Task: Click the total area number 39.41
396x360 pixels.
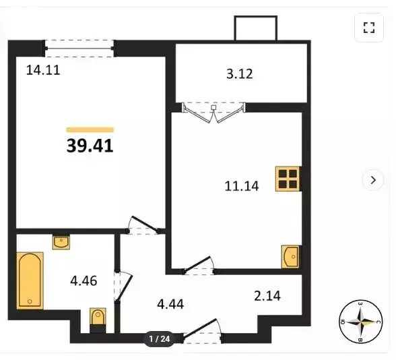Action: point(90,146)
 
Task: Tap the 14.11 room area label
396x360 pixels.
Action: point(43,69)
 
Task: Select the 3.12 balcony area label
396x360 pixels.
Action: point(240,74)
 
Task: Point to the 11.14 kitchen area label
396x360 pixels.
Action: point(242,186)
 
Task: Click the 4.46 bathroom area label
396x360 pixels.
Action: point(84,280)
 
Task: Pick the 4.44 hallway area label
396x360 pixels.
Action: point(170,303)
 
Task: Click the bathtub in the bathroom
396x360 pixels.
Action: point(30,280)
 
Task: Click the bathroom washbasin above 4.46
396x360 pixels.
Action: point(61,241)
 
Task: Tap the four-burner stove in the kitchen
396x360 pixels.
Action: point(288,179)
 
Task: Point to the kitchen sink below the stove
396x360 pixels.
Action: point(290,257)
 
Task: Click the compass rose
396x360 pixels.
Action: point(360,321)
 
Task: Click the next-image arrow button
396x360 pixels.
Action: point(372,180)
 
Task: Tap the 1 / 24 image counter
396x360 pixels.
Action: point(160,339)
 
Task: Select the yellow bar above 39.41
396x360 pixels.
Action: point(90,129)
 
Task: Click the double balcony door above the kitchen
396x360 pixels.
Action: point(213,111)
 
